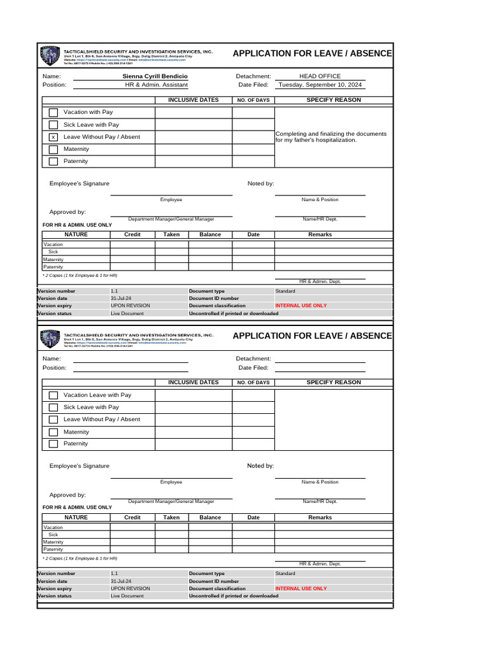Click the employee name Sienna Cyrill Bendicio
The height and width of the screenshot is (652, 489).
(x=156, y=76)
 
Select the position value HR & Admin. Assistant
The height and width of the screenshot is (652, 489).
(x=156, y=85)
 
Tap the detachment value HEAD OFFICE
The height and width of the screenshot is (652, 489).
(x=320, y=76)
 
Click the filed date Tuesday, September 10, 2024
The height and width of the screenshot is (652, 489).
(x=320, y=85)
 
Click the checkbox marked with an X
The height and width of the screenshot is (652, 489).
(x=53, y=137)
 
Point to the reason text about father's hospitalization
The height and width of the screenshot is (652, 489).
(x=331, y=137)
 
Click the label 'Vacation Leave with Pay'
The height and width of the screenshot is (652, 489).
(x=97, y=395)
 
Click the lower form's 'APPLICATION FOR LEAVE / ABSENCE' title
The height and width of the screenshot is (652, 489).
(x=312, y=336)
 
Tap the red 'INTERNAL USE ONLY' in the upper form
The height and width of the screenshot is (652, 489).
(x=301, y=306)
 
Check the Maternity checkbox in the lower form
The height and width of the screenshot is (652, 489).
(x=53, y=432)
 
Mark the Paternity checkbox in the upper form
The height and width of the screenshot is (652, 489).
(x=53, y=161)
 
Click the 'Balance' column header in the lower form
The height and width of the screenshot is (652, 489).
(x=210, y=518)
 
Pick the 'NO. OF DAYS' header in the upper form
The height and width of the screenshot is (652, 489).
(x=253, y=100)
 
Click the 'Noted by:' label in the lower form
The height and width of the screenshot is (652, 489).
(x=260, y=466)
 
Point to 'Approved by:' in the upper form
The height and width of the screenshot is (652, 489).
(x=67, y=212)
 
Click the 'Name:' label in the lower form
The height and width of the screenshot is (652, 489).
(x=52, y=358)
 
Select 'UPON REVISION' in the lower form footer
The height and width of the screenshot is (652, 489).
(x=131, y=588)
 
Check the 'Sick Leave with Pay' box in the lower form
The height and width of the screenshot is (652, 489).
(x=53, y=407)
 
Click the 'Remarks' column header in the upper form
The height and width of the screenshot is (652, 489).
(x=320, y=234)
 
